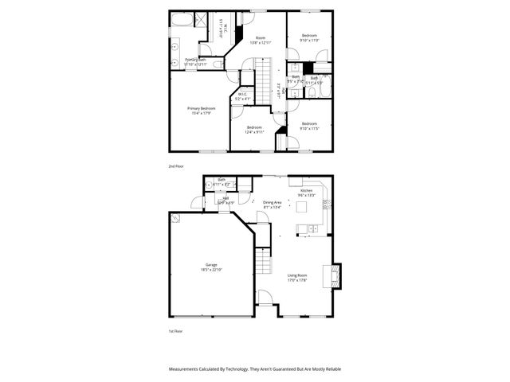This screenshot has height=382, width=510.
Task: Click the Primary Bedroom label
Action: pyautogui.click(x=202, y=110)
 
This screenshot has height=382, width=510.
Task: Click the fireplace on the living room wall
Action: pyautogui.click(x=335, y=275)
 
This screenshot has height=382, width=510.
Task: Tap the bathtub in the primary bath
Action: pyautogui.click(x=180, y=21)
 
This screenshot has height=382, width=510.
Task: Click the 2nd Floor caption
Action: pyautogui.click(x=175, y=166)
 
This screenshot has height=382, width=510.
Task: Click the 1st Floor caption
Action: pyautogui.click(x=175, y=330)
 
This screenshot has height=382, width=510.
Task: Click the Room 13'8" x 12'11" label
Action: pyautogui.click(x=260, y=40)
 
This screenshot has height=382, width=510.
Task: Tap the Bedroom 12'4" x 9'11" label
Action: pyautogui.click(x=254, y=130)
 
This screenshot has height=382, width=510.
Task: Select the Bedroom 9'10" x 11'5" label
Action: pyautogui.click(x=309, y=125)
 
